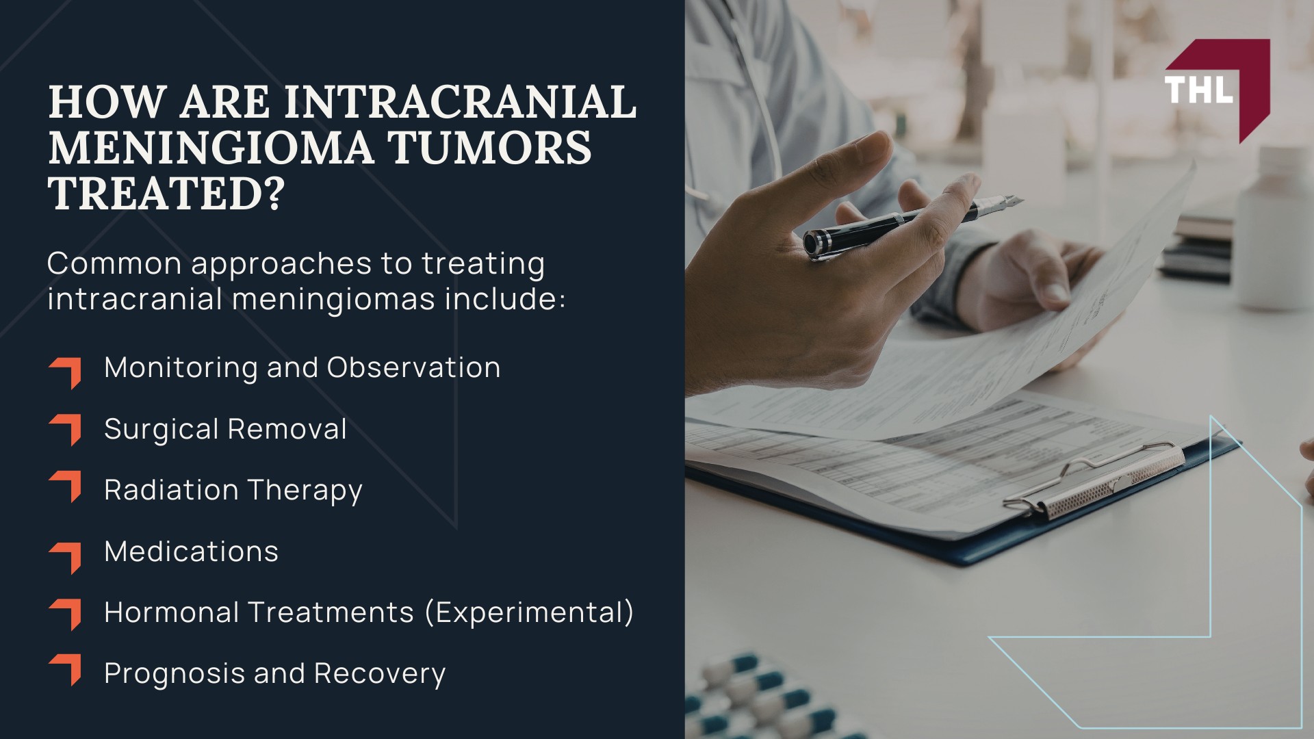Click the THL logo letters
pos(1198,90)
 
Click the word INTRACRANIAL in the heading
pos(460,102)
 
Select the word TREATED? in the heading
pos(166,193)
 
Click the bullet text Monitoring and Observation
pos(302,368)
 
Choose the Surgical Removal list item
pos(225,429)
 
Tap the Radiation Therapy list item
pos(233,491)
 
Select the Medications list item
pos(191,552)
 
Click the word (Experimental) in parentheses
pos(529,612)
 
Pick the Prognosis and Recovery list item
pos(274,674)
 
